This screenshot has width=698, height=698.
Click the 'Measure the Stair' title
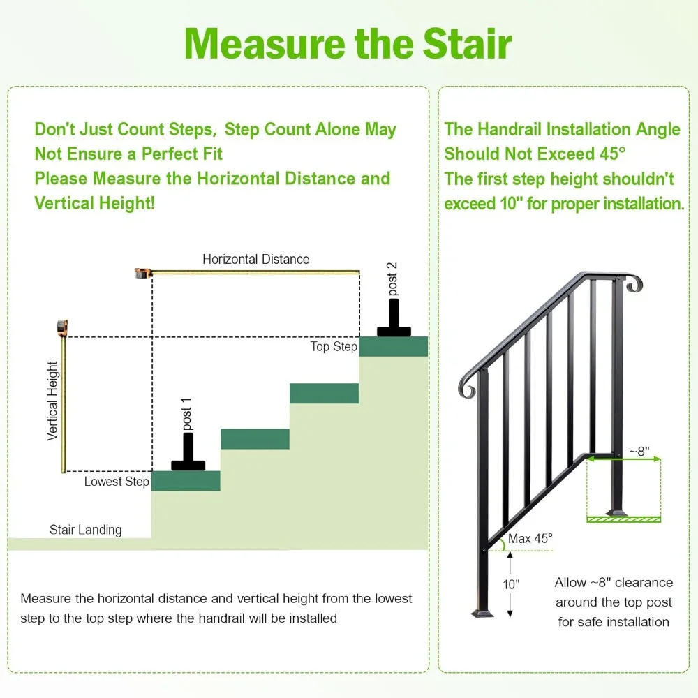[348, 43]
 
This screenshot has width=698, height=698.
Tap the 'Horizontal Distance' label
[255, 259]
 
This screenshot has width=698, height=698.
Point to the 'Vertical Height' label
[52, 401]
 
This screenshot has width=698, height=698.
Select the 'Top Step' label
[334, 347]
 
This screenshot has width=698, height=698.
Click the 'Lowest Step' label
[117, 482]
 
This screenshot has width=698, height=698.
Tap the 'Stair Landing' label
[85, 530]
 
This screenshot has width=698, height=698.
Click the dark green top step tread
[393, 347]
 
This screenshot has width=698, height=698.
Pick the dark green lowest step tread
[186, 481]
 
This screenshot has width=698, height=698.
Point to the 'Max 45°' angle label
[530, 538]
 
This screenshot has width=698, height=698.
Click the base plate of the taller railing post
[483, 613]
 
